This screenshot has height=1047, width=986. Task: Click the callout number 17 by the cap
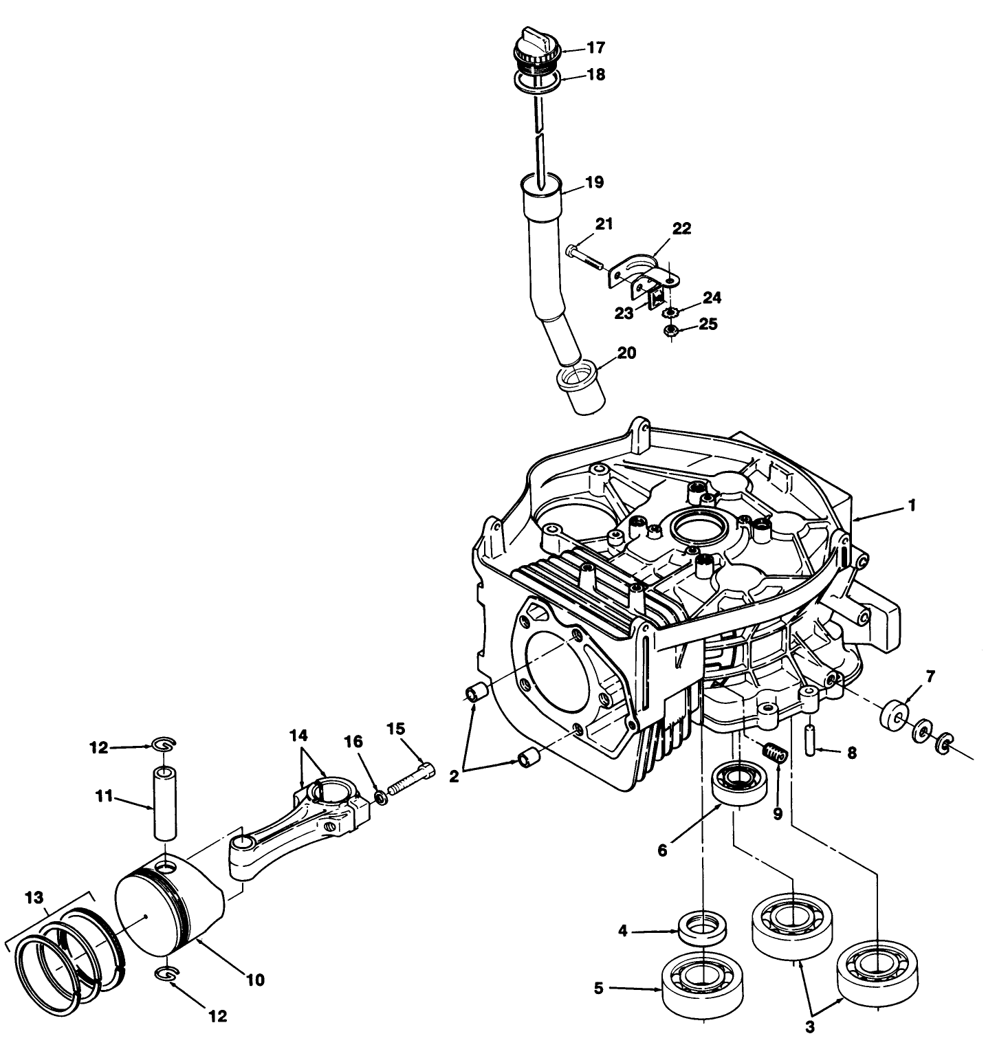(595, 47)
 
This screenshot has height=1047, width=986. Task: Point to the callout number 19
(594, 182)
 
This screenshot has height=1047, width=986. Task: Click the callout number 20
(626, 353)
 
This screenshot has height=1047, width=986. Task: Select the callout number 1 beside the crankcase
(912, 505)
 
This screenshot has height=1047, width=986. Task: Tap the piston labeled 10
(168, 911)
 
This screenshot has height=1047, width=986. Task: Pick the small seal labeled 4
(702, 930)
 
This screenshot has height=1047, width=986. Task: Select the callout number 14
(298, 736)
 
